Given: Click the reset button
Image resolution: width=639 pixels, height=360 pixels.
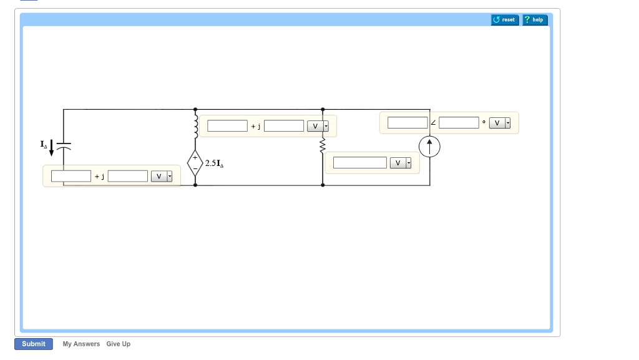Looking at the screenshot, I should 505,20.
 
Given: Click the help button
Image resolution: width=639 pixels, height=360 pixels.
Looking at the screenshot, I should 535,20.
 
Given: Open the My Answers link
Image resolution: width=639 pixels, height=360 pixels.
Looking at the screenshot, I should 81,344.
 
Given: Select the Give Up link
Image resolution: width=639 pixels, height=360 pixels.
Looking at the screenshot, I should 118,344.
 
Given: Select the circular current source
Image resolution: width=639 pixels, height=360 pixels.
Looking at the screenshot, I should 430,147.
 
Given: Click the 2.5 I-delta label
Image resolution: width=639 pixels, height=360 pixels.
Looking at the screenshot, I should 214,163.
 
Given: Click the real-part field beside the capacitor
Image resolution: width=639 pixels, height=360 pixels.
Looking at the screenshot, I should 71,177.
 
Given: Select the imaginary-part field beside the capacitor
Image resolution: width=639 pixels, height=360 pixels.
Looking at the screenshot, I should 128,177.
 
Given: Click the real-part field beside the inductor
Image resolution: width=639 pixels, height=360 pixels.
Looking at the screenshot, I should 227,126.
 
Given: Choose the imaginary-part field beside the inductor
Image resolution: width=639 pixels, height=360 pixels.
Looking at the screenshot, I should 284,126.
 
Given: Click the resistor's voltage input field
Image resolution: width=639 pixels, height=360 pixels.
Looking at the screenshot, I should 360,163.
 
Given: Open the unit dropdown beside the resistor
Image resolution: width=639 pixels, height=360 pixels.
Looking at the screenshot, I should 401,163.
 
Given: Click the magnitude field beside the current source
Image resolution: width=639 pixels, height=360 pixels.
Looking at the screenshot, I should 407,123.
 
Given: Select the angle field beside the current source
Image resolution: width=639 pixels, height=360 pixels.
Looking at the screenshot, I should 459,123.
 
